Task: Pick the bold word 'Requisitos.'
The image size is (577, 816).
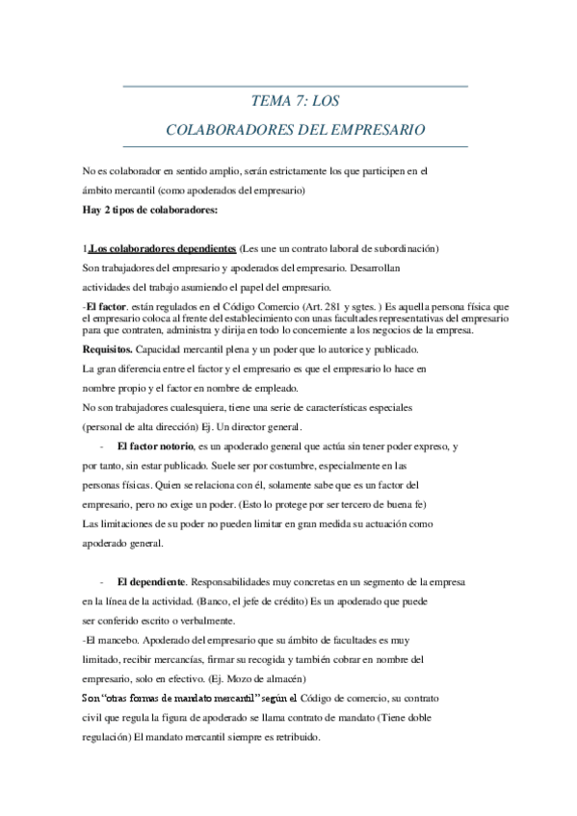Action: [108, 347]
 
